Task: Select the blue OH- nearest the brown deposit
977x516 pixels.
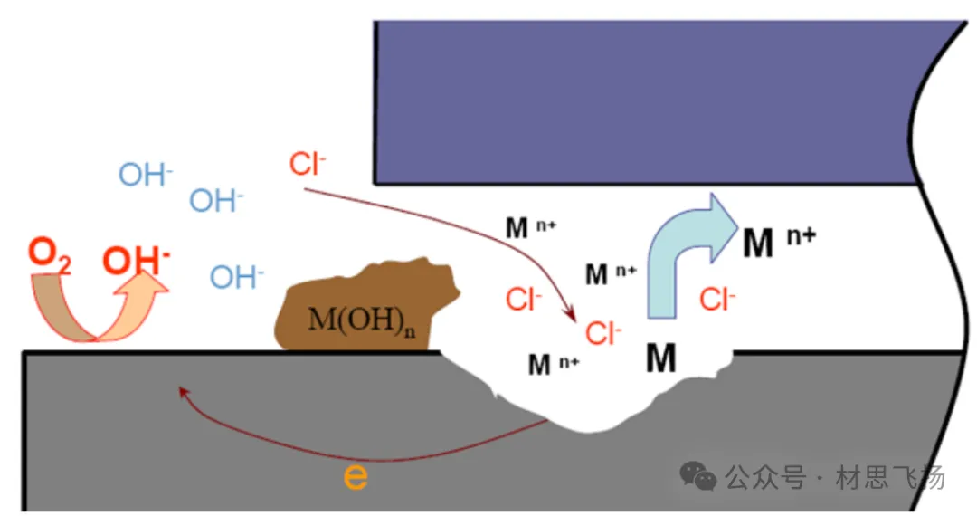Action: pos(237,277)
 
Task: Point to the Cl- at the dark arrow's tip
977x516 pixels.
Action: pos(603,333)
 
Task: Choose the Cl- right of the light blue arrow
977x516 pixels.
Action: pos(716,299)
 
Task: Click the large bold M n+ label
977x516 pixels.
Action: pos(778,243)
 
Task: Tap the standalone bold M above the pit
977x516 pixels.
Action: pos(661,359)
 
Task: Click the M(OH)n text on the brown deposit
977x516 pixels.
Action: pos(363,320)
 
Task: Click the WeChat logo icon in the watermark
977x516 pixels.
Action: pos(698,475)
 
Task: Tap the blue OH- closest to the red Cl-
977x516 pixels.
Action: pos(216,200)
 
